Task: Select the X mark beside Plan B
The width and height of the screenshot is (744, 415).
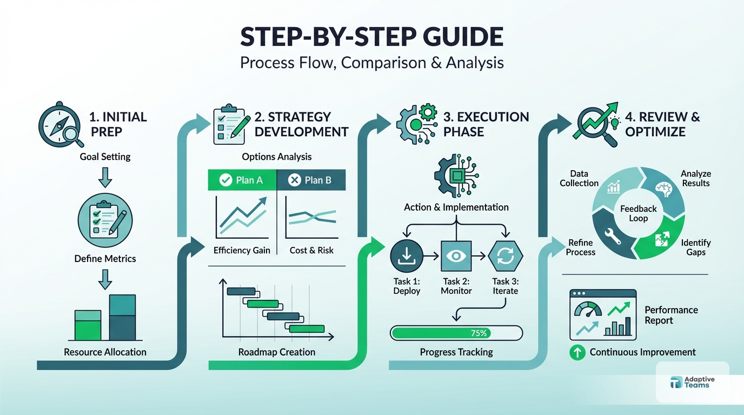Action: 294,180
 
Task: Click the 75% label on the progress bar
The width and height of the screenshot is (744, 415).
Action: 479,333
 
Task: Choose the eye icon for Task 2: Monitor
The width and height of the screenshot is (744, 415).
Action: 456,256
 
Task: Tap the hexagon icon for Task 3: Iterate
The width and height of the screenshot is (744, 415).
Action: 506,256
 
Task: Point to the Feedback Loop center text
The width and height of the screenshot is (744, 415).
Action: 639,213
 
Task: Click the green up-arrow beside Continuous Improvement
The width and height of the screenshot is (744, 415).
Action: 577,353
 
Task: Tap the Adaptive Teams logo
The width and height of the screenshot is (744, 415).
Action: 692,383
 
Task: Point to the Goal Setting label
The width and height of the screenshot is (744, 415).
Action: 105,157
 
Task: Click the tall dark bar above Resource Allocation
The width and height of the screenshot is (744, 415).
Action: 122,318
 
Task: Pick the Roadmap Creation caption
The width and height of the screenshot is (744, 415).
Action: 277,352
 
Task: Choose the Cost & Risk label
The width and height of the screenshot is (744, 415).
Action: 311,250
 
